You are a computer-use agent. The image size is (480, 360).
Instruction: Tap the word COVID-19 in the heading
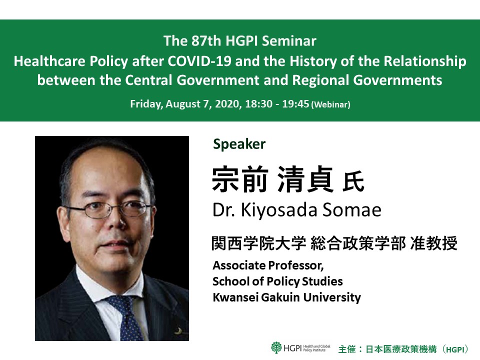199,61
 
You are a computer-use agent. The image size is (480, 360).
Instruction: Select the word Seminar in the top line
289,41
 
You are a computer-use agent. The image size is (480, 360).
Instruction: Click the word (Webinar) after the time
330,104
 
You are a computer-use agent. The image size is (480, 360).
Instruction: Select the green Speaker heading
239,144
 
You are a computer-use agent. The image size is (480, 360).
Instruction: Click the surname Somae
351,210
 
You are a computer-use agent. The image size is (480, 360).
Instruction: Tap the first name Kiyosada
279,210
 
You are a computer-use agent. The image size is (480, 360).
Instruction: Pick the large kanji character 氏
353,182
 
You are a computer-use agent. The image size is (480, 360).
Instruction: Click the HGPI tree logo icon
276,347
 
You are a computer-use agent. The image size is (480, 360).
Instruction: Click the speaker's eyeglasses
109,209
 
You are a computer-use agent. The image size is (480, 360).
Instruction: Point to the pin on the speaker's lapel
178,330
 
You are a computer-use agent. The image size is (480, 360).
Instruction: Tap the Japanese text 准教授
433,243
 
